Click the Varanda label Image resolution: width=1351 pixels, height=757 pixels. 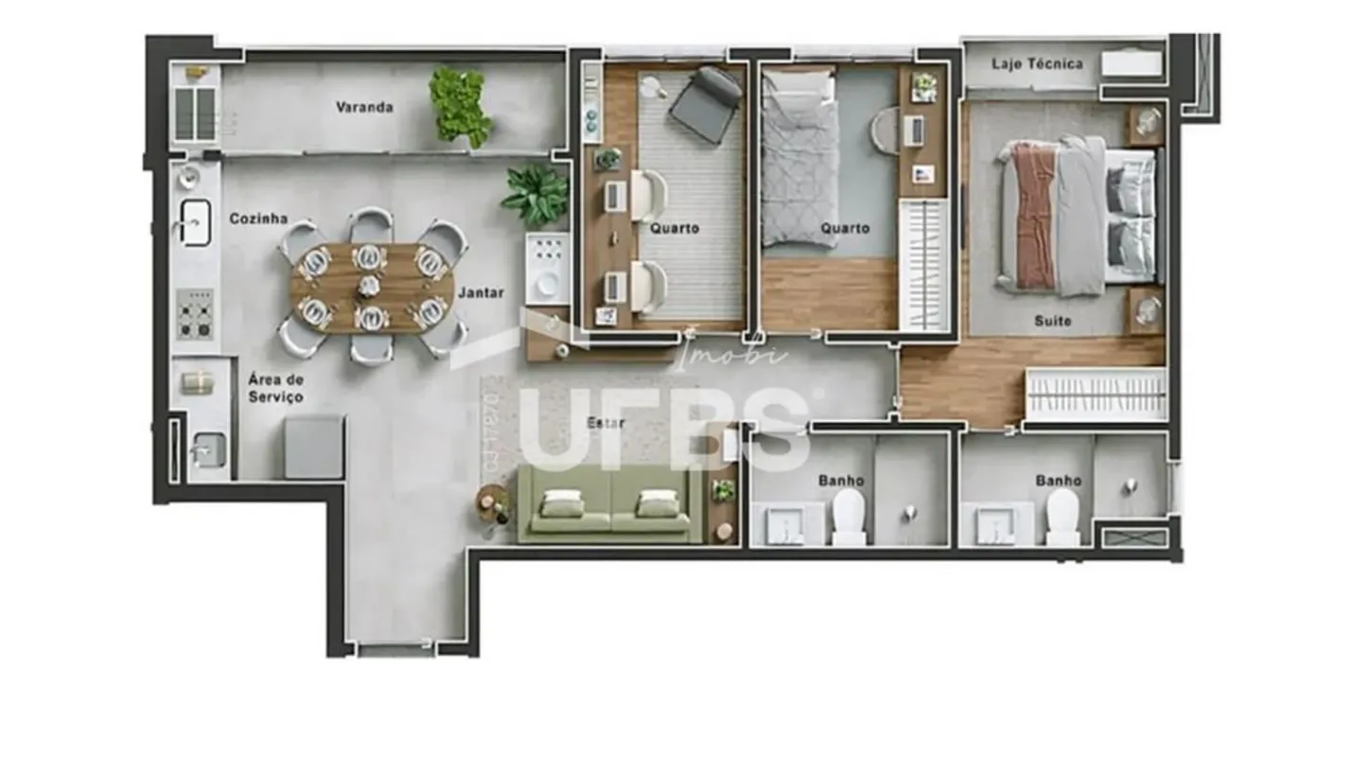(x=364, y=107)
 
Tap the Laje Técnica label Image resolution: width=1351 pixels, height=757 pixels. (x=1037, y=63)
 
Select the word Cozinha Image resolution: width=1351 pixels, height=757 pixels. (x=258, y=219)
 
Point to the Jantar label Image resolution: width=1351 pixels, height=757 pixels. (x=481, y=292)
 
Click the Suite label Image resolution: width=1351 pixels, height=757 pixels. (x=1052, y=321)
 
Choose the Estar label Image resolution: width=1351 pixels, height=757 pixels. (x=605, y=423)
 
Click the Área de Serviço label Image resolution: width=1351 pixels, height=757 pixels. (x=275, y=389)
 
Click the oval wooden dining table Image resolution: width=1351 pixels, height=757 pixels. (x=372, y=289)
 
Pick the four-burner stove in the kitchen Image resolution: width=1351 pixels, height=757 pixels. (x=195, y=314)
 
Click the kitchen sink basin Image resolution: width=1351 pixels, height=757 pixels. (x=195, y=222)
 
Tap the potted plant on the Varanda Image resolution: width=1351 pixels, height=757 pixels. (x=460, y=107)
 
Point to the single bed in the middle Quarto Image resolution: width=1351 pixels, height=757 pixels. (x=799, y=160)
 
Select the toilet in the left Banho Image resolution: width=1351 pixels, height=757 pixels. (x=849, y=517)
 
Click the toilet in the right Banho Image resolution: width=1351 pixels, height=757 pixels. (x=1062, y=517)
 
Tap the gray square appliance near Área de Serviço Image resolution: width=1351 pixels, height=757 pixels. (x=314, y=447)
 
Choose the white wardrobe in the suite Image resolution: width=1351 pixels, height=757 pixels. (x=1096, y=395)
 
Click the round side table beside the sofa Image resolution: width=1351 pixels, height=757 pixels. (x=490, y=502)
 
